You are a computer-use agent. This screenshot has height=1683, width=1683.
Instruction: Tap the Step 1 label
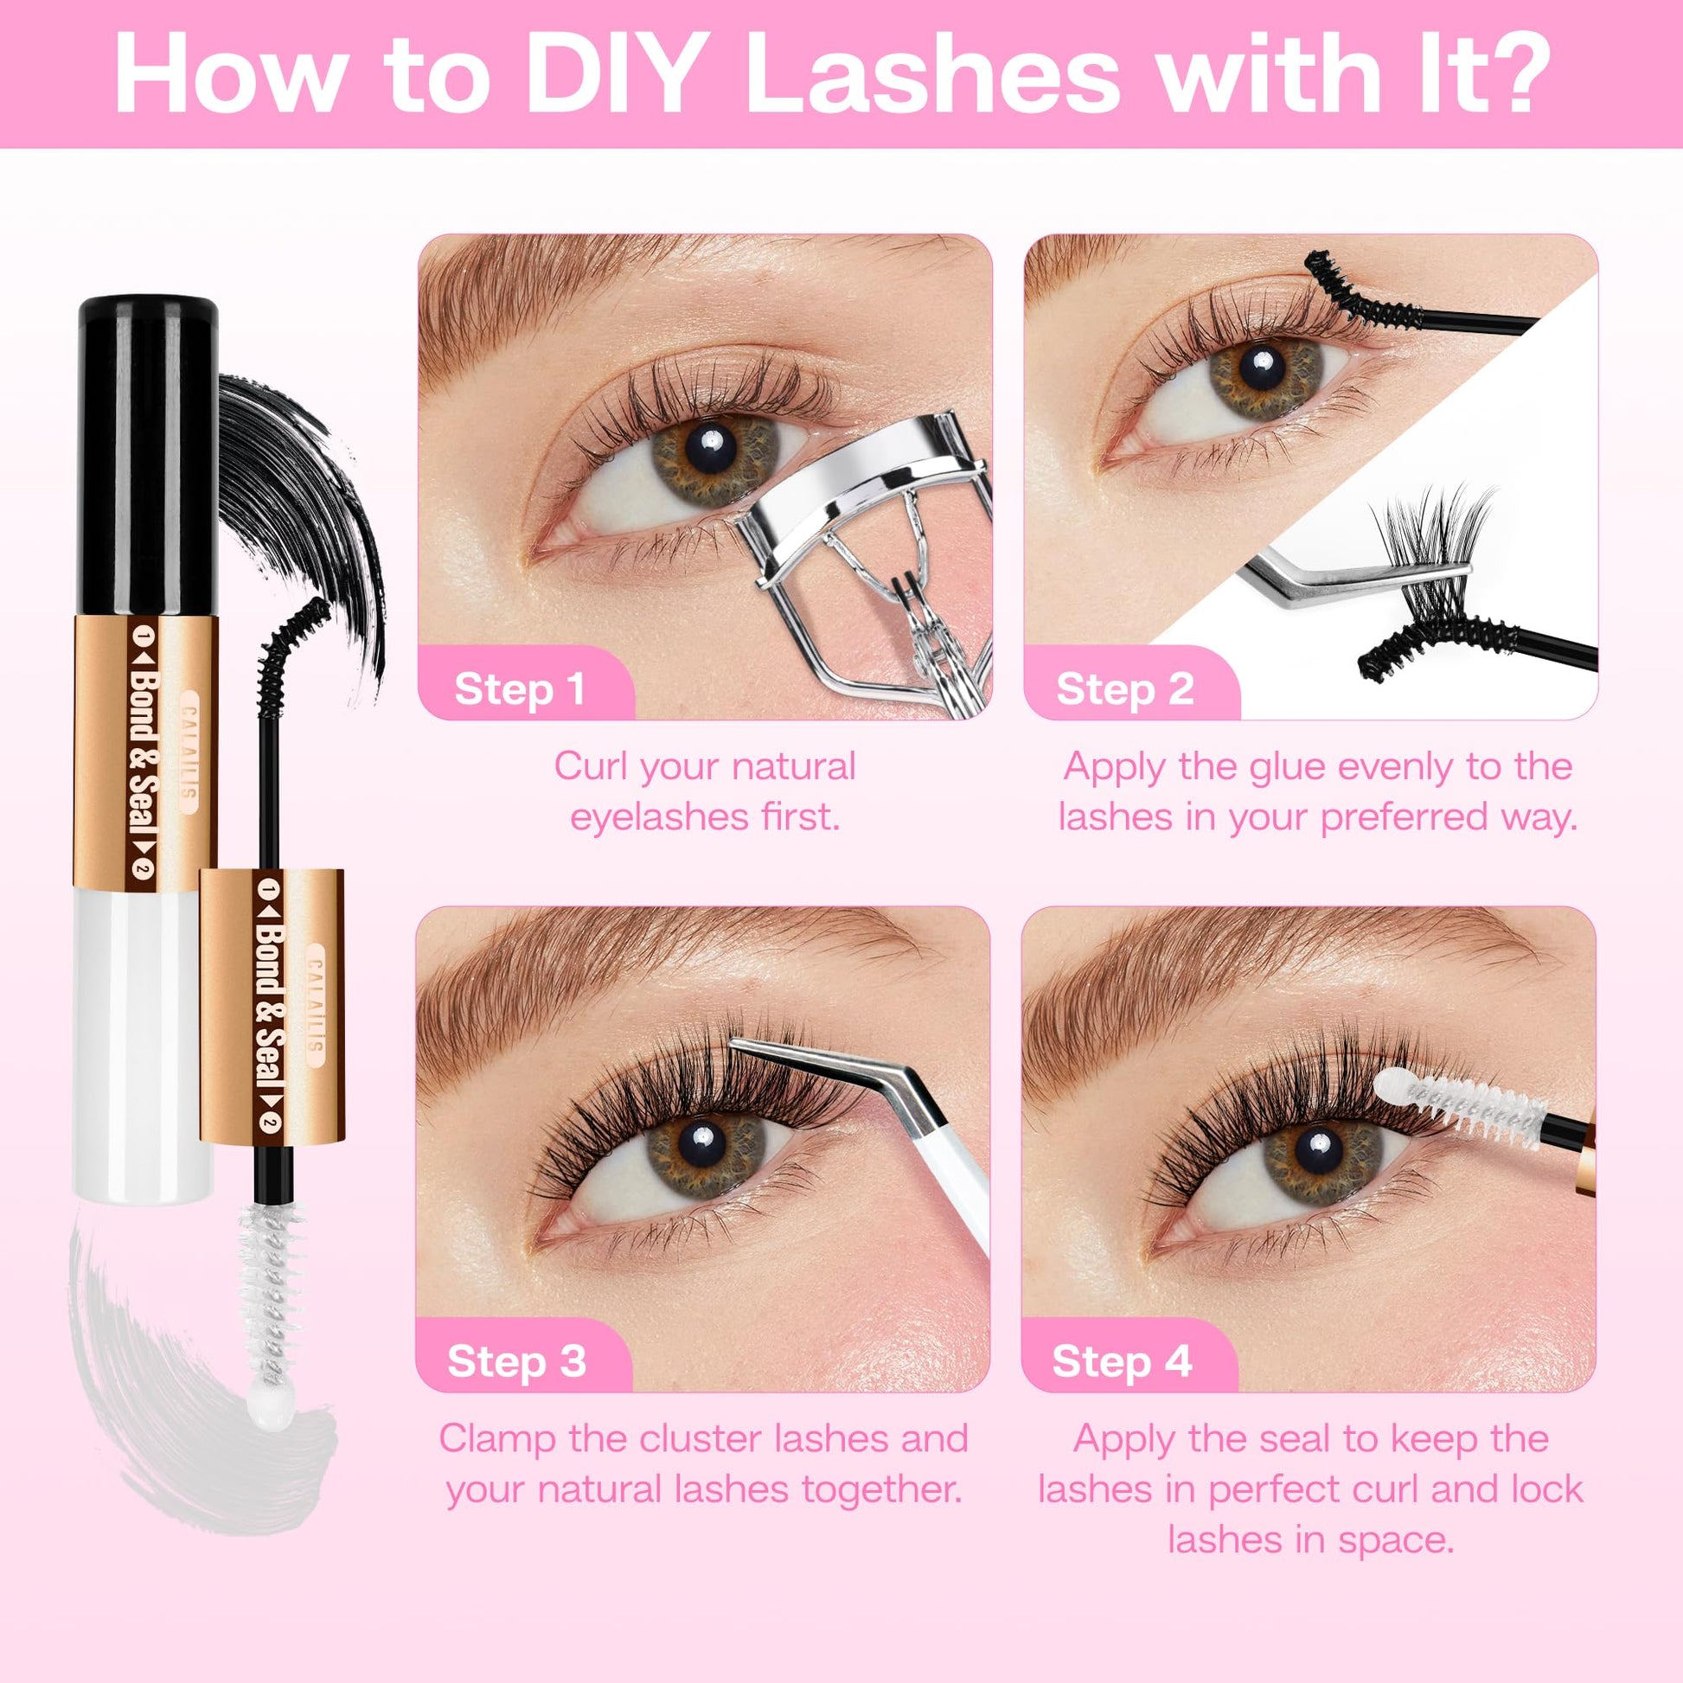[519, 689]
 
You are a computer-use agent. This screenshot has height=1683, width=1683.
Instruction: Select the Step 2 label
[1124, 689]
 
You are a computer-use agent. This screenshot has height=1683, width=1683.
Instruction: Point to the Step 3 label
[516, 1361]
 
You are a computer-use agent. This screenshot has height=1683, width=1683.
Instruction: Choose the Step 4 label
[1122, 1361]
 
